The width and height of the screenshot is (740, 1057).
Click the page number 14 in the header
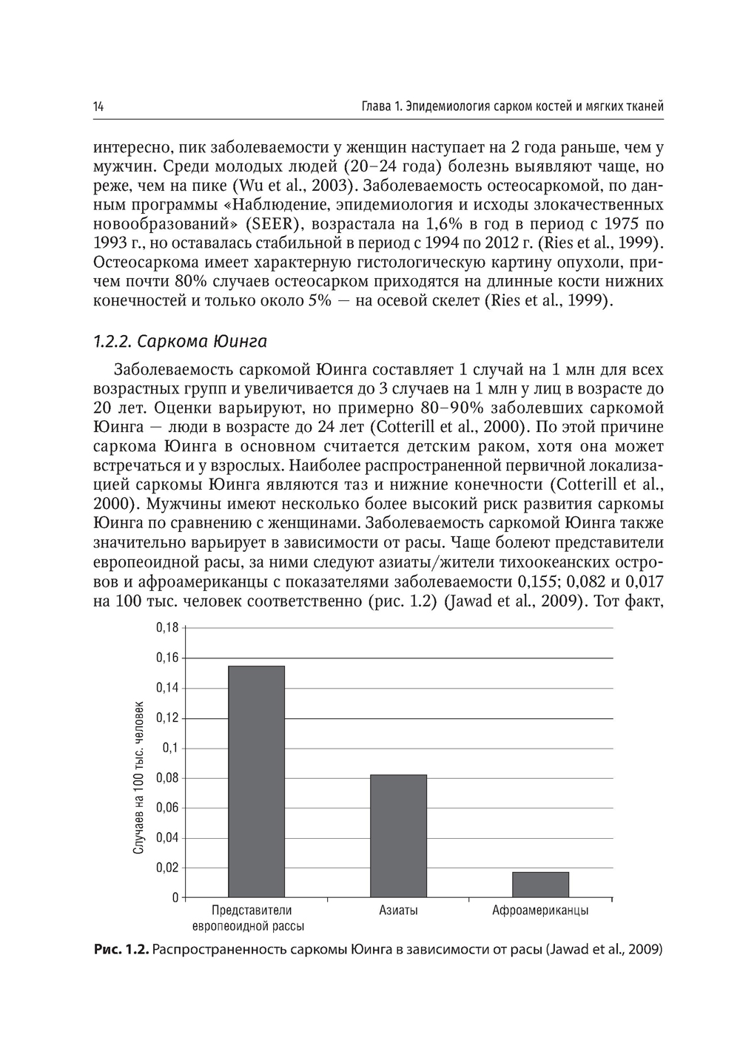click(x=98, y=107)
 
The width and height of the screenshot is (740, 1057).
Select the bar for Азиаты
click(x=398, y=835)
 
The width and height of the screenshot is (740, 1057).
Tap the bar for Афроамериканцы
click(x=540, y=885)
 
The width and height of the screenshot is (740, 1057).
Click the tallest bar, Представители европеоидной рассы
click(x=256, y=781)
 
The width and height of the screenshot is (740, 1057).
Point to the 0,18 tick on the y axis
click(x=168, y=628)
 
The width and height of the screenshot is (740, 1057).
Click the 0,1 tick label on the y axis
click(x=171, y=748)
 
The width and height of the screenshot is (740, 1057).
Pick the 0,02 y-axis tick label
click(x=168, y=868)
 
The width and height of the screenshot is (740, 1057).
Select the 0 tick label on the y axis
click(x=175, y=898)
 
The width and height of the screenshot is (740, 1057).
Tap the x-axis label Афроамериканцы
click(x=540, y=911)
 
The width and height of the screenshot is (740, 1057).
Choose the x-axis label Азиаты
click(x=398, y=911)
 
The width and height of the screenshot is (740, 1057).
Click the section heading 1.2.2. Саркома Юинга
click(x=180, y=342)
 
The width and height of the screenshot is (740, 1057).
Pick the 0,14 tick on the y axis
click(x=168, y=688)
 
